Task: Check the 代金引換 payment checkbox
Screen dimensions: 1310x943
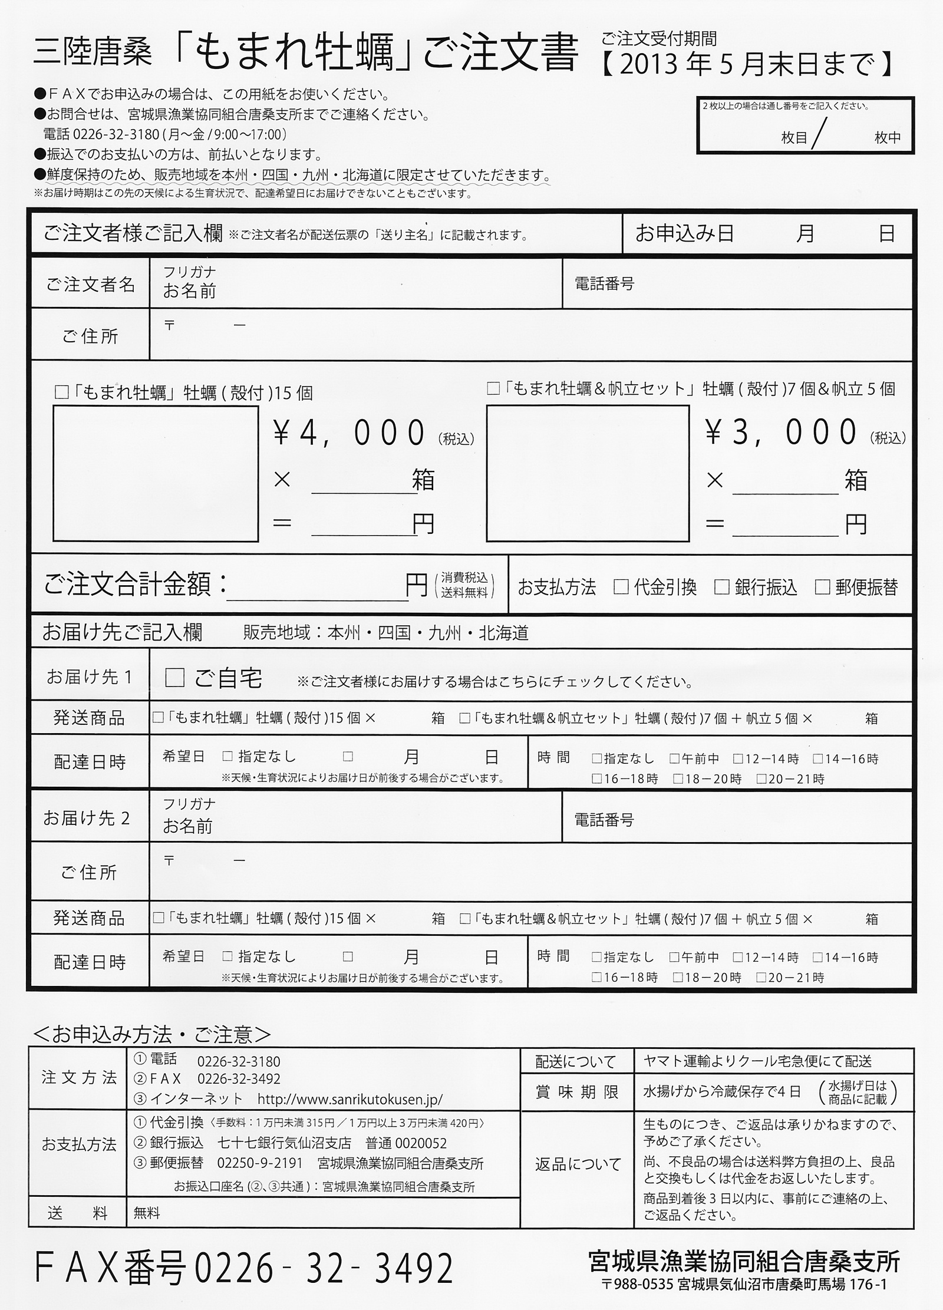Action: tap(621, 587)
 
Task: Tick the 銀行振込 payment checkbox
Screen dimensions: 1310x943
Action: tap(722, 587)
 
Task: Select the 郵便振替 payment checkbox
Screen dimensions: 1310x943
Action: tap(823, 587)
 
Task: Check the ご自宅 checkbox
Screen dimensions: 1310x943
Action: tap(175, 678)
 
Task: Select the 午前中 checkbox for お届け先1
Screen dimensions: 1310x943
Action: tap(675, 758)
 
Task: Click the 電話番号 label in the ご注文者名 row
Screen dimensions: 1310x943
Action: tap(604, 284)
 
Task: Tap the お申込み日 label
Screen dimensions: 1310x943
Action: tap(684, 234)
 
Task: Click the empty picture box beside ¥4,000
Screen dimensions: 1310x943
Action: tap(156, 473)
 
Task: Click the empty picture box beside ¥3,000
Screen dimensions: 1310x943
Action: tap(588, 473)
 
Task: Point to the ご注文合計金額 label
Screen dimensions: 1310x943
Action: tap(136, 585)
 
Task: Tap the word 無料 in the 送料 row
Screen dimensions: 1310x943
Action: tap(147, 1213)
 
